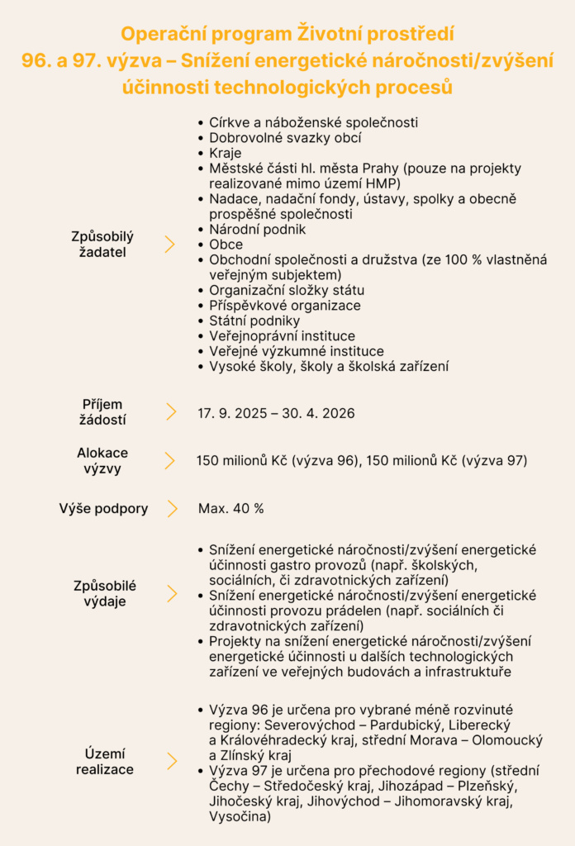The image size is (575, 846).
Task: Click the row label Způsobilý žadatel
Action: pos(102,244)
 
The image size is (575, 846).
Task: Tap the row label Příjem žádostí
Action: pos(102,411)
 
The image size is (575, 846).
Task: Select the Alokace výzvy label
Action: pos(102,461)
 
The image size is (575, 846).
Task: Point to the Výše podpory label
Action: pos(103,508)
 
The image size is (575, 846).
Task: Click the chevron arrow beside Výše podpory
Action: pos(172,508)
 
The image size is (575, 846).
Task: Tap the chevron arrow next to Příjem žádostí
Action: pos(171,411)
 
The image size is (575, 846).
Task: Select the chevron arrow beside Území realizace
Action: pos(172,761)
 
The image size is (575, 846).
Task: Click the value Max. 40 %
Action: pos(230,508)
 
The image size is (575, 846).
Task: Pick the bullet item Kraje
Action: pos(226,153)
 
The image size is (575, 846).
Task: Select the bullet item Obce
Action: pos(226,245)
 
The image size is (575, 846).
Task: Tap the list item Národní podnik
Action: pos(257,229)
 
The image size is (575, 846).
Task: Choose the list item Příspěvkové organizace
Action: pos(284,306)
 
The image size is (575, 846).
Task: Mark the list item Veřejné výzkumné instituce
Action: pos(296,351)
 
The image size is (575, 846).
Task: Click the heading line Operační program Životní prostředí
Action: pos(287,35)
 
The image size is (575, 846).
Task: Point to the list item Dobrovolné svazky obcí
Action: pos(285,138)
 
